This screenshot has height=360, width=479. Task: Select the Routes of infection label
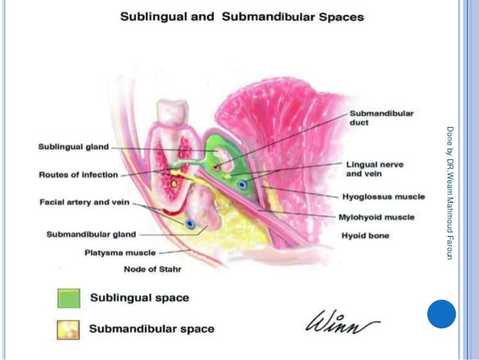point(78,175)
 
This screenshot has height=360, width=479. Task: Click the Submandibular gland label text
point(91,234)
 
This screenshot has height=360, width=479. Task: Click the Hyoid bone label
point(366,235)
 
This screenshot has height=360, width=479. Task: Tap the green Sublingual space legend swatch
point(68,298)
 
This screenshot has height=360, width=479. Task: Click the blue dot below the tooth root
point(191,223)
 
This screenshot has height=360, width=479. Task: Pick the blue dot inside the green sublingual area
point(242,183)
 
